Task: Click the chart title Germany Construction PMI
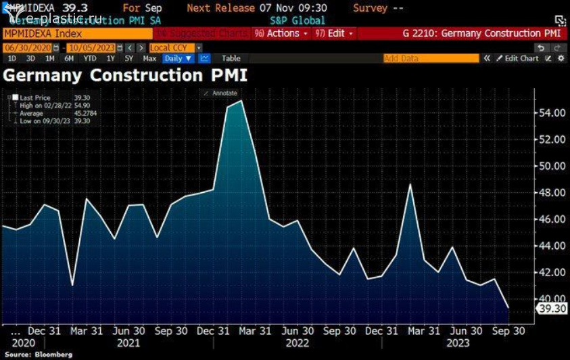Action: pyautogui.click(x=125, y=75)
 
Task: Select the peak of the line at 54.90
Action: pyautogui.click(x=241, y=101)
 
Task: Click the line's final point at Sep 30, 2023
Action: pyautogui.click(x=509, y=308)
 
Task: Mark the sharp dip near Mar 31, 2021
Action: pyautogui.click(x=72, y=285)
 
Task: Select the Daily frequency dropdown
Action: pyautogui.click(x=179, y=59)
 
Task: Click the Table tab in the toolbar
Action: pyautogui.click(x=231, y=59)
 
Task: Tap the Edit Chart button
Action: pyautogui.click(x=520, y=59)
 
